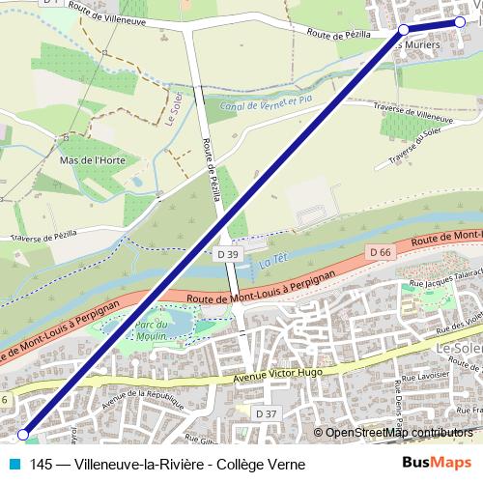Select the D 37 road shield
(x=266, y=413)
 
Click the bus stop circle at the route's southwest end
(x=24, y=434)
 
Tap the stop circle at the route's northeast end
(x=459, y=22)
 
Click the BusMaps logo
(x=440, y=464)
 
